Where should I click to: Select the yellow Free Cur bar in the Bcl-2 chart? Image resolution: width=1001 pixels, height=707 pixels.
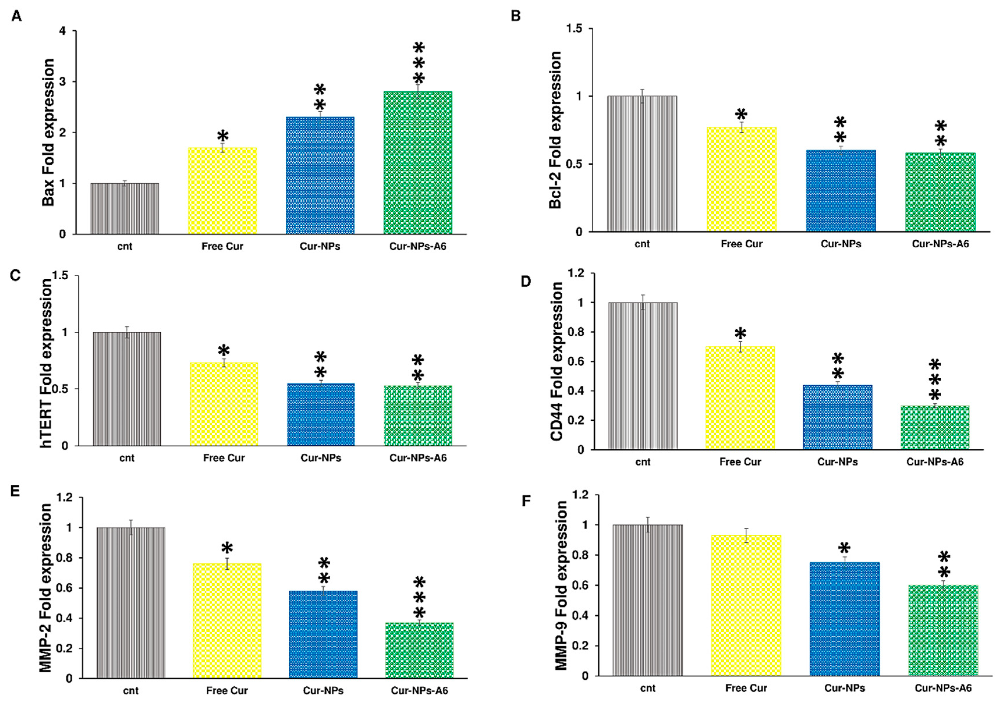pos(741,179)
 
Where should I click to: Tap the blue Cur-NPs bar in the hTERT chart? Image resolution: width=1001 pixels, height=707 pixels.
pos(321,415)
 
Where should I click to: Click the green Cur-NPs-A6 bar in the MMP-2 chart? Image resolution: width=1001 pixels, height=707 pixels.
pos(419,650)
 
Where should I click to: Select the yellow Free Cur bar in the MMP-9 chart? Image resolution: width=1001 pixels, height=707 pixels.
pos(746,605)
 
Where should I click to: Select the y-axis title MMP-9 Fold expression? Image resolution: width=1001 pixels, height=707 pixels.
pos(562,585)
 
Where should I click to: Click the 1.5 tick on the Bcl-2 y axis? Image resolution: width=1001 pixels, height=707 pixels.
pos(575,29)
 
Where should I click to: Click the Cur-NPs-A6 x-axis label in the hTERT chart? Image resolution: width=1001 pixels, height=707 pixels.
pos(418,458)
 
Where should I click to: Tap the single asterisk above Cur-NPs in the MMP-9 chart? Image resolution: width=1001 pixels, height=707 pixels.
pos(844,548)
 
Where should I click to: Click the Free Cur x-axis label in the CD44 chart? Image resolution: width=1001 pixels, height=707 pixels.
pos(740,462)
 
